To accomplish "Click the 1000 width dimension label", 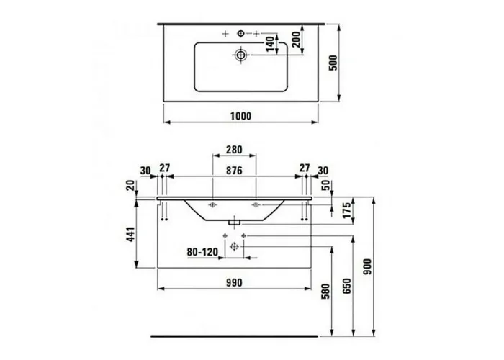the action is [x=240, y=116].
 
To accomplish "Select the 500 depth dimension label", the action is [x=333, y=63].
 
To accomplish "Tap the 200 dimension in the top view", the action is [x=297, y=40].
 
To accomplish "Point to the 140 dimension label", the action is [x=270, y=44].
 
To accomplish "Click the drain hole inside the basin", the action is [x=240, y=55].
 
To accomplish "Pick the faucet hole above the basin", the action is [x=240, y=33].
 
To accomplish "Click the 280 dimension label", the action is [x=234, y=150].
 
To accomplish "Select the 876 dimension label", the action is [x=234, y=171].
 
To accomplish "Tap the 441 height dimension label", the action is [x=130, y=234].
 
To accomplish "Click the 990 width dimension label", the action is [x=234, y=282].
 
